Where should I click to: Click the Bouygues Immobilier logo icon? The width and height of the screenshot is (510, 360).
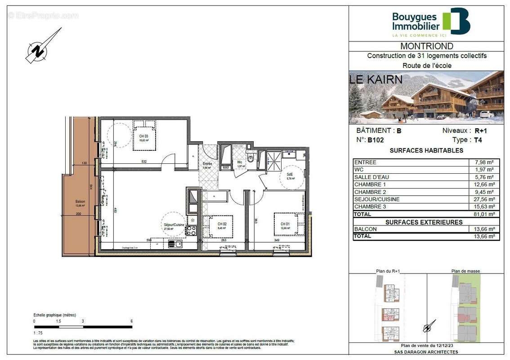pyautogui.click(x=456, y=21)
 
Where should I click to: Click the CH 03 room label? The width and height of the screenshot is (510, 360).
pyautogui.click(x=143, y=136)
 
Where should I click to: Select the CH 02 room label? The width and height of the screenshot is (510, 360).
pyautogui.click(x=222, y=224)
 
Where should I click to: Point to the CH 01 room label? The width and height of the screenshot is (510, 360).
pyautogui.click(x=285, y=224)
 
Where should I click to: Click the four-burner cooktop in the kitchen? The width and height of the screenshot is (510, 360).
pyautogui.click(x=191, y=231)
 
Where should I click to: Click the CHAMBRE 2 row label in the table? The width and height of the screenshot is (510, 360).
pyautogui.click(x=370, y=192)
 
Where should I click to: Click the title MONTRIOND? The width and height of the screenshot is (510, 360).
pyautogui.click(x=426, y=46)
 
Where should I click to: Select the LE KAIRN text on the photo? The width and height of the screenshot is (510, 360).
pyautogui.click(x=376, y=80)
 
